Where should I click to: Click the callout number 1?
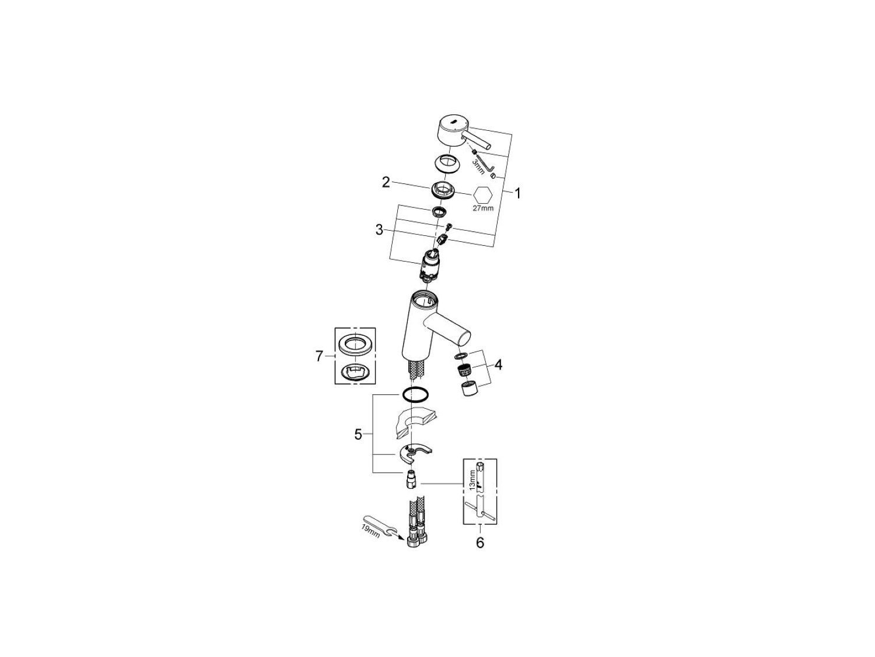517,194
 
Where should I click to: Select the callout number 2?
386,182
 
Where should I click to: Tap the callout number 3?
380,230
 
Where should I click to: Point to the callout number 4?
498,364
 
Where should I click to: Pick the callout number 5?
358,434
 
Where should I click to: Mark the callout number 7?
319,356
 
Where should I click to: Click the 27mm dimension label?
483,208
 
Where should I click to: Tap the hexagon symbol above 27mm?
484,194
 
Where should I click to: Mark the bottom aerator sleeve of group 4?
468,389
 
